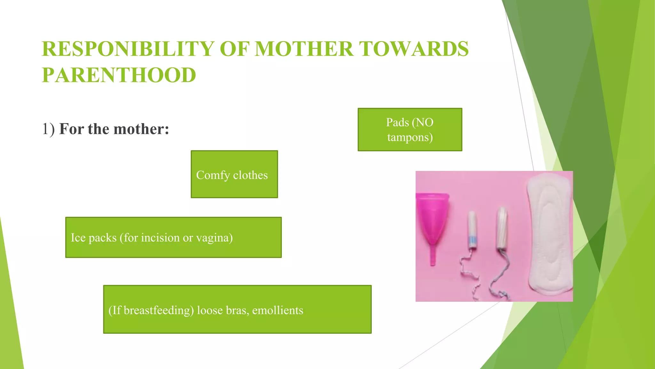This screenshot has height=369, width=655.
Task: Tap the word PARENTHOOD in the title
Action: pyautogui.click(x=119, y=75)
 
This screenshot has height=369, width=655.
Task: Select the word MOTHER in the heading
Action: pyautogui.click(x=304, y=49)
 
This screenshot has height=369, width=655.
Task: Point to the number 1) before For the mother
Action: pyautogui.click(x=48, y=129)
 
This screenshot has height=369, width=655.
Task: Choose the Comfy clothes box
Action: pyautogui.click(x=234, y=175)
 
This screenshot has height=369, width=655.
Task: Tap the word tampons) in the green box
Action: pyautogui.click(x=410, y=137)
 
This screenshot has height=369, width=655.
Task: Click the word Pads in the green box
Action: pyautogui.click(x=397, y=122)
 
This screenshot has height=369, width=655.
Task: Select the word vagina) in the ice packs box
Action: pyautogui.click(x=214, y=238)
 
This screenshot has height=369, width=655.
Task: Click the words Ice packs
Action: pyautogui.click(x=93, y=238)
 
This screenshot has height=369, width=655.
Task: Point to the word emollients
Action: pyautogui.click(x=277, y=310)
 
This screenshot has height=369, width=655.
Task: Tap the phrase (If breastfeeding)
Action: pyautogui.click(x=151, y=310)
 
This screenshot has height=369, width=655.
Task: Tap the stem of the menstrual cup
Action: pyautogui.click(x=432, y=256)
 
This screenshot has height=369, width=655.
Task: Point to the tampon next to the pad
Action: pyautogui.click(x=502, y=227)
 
